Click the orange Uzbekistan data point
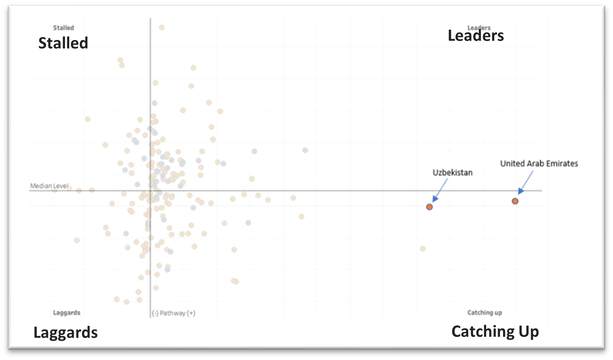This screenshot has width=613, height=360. (x=429, y=207)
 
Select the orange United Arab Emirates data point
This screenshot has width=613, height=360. (x=515, y=201)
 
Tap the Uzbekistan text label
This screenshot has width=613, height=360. (x=452, y=173)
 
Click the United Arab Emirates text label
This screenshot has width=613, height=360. (x=539, y=163)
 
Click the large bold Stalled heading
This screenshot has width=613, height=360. (x=63, y=43)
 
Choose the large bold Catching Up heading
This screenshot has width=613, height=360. (x=495, y=332)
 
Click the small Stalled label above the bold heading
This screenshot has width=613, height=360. (x=63, y=28)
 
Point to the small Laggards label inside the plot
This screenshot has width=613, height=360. (x=66, y=313)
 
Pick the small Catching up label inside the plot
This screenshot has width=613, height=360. (x=484, y=313)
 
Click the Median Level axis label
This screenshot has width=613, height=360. (x=49, y=186)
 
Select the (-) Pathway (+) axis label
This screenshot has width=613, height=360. (x=173, y=313)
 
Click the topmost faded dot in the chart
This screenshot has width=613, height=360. (x=162, y=27)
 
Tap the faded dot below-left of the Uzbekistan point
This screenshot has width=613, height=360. (x=423, y=249)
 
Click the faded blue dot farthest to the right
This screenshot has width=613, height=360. (x=305, y=150)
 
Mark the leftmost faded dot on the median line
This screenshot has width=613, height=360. (x=55, y=190)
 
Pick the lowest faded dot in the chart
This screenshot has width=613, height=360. (x=126, y=302)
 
